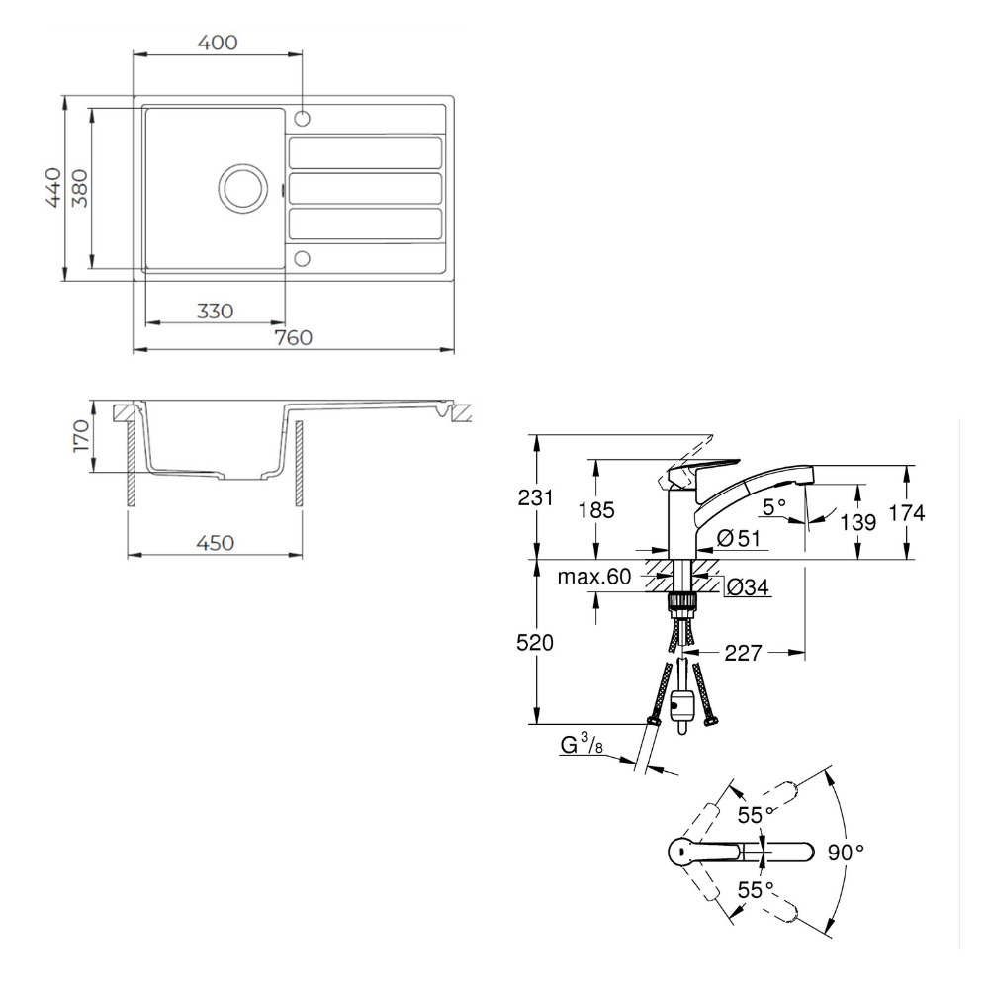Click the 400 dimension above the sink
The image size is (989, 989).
(x=218, y=43)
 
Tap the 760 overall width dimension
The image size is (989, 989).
(x=294, y=338)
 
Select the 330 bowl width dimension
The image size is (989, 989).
(x=215, y=311)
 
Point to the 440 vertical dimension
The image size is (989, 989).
(x=53, y=187)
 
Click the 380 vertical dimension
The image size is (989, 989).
(x=80, y=188)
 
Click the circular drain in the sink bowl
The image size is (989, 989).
(x=243, y=188)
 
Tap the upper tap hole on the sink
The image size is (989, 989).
(x=303, y=118)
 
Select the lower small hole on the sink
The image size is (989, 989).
(x=303, y=258)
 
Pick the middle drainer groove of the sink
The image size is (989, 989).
(x=365, y=189)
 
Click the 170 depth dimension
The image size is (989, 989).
(x=81, y=436)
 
